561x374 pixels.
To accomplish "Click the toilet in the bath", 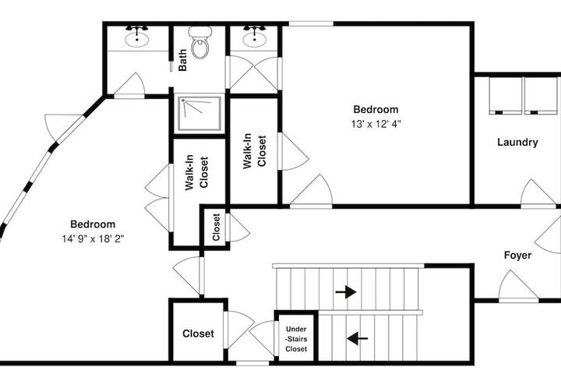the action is click(x=199, y=42).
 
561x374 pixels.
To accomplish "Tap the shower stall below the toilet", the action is click(x=199, y=114).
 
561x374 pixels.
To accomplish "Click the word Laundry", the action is click(x=517, y=143).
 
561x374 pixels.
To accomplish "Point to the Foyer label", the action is click(x=517, y=256).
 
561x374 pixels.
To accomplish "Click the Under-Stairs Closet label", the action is click(x=296, y=339).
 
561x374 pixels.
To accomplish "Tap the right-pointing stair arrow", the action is click(x=346, y=292).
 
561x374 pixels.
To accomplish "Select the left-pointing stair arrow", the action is click(x=357, y=338).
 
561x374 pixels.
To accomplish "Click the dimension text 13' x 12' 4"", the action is click(x=376, y=124).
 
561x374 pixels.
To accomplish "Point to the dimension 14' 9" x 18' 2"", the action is click(x=93, y=238).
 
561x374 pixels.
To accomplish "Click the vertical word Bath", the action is click(x=182, y=60).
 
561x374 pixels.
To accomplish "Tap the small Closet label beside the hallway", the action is click(x=216, y=227).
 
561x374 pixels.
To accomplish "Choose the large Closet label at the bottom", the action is click(x=198, y=333).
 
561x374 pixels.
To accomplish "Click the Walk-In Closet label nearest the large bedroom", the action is click(x=196, y=172).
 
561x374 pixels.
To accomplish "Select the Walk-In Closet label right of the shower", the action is click(x=254, y=150).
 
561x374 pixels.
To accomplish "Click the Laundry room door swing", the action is click(x=538, y=193).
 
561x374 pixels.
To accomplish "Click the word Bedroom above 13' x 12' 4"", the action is click(x=376, y=109).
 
